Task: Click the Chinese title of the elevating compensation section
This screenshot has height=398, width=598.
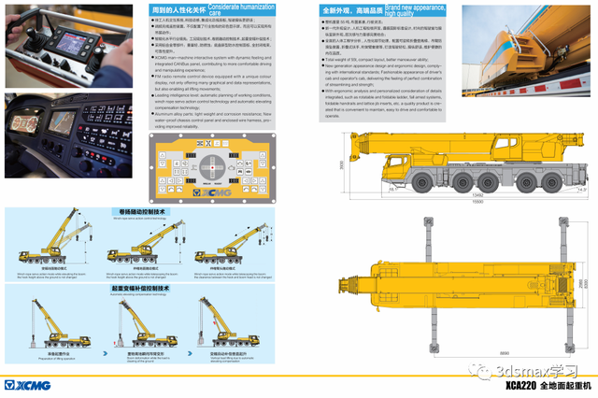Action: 140,289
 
